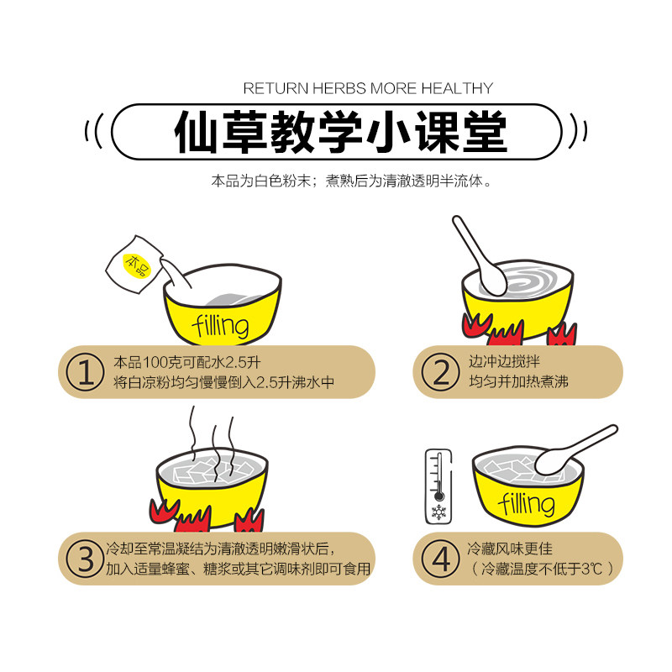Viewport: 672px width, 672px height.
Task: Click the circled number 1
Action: pyautogui.click(x=85, y=371)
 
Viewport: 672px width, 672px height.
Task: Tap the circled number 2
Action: pyautogui.click(x=440, y=371)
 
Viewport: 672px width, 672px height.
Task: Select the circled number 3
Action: pyautogui.click(x=85, y=559)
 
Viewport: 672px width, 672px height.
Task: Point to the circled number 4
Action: pyautogui.click(x=440, y=559)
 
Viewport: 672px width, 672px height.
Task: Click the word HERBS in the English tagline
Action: pyautogui.click(x=339, y=88)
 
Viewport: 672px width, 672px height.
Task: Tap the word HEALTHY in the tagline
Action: pyautogui.click(x=457, y=88)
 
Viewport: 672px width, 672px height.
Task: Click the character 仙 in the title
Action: pyautogui.click(x=197, y=132)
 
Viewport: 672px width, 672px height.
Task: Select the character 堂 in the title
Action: pyautogui.click(x=486, y=132)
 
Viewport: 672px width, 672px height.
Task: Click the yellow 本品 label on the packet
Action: pyautogui.click(x=137, y=265)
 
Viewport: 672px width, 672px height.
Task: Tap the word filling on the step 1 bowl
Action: pyautogui.click(x=221, y=326)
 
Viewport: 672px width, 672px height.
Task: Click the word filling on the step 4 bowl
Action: pyautogui.click(x=527, y=502)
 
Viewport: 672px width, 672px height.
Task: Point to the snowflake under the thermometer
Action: pyautogui.click(x=438, y=512)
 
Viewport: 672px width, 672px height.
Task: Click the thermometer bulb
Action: pyautogui.click(x=438, y=496)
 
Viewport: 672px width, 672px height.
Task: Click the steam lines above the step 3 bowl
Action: pyautogui.click(x=213, y=442)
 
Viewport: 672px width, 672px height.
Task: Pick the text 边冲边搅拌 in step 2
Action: pyautogui.click(x=504, y=362)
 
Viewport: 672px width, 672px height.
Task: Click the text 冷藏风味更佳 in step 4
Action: pyautogui.click(x=510, y=549)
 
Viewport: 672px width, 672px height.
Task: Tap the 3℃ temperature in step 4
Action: pyautogui.click(x=591, y=569)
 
